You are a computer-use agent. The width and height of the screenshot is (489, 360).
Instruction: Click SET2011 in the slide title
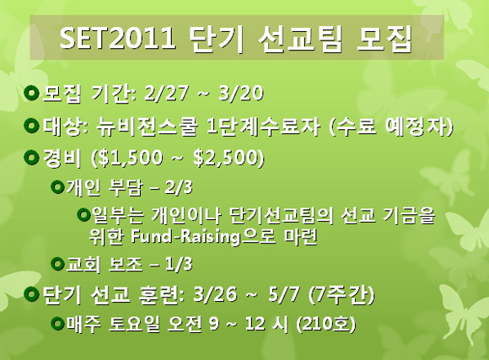coord(117,38)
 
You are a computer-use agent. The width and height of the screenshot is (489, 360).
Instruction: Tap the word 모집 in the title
coord(384,38)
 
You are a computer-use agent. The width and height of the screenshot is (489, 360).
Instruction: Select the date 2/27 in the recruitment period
coord(167,93)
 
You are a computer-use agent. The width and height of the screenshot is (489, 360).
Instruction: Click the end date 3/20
coord(240,93)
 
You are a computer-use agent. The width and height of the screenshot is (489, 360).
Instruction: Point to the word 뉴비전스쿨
coord(147,127)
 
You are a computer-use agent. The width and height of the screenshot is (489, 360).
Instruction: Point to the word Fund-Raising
coord(185,237)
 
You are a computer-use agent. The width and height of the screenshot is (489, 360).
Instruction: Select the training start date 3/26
coord(214,294)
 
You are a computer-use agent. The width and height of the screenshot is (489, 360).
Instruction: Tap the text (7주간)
coord(341,294)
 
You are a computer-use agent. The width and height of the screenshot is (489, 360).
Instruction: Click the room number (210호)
coord(325,325)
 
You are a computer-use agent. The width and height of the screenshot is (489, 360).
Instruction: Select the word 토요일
coord(134,325)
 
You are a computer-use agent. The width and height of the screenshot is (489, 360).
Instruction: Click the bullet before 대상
coord(31,126)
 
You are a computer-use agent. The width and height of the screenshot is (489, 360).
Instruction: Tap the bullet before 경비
coord(31,157)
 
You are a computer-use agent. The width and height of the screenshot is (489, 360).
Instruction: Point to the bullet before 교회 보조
coord(57,264)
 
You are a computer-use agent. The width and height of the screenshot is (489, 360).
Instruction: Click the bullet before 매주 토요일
coord(57,323)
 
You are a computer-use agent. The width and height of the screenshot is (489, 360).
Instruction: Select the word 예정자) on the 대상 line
coord(419,127)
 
